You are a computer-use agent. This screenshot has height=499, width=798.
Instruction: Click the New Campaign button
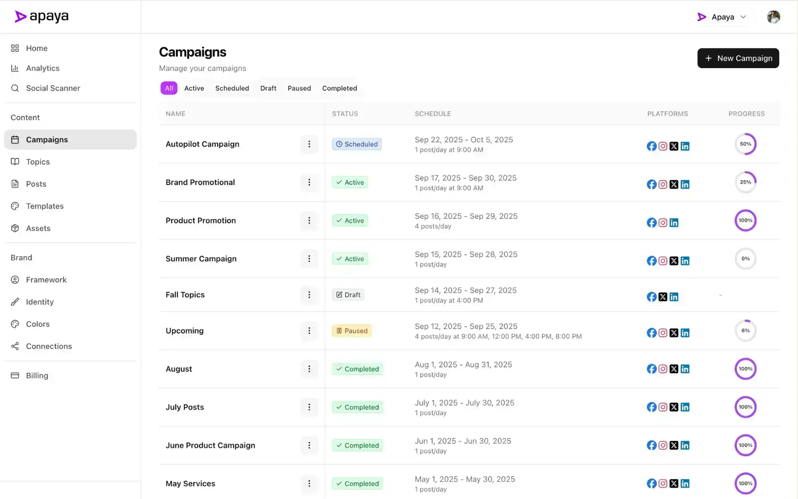(x=738, y=58)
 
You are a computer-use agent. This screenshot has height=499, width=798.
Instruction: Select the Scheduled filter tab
(x=232, y=88)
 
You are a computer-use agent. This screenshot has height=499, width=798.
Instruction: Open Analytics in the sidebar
(x=42, y=68)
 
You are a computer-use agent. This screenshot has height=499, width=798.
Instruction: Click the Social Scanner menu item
(x=53, y=88)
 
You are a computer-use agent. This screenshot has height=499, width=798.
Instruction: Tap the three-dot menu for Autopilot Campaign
(x=309, y=144)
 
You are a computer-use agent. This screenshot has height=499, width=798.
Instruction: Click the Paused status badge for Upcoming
(x=352, y=331)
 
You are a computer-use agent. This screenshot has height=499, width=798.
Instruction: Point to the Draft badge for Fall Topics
(x=348, y=295)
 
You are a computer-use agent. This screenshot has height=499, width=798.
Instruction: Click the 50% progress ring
(x=745, y=144)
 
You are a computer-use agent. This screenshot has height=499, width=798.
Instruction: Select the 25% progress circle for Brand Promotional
(x=745, y=182)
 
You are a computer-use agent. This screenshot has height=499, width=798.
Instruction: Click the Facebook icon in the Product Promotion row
(x=651, y=223)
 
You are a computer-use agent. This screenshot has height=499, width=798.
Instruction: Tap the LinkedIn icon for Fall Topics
(x=674, y=297)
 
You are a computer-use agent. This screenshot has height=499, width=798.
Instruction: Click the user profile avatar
(x=773, y=17)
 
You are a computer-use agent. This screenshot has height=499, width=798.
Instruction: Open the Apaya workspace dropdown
(x=722, y=17)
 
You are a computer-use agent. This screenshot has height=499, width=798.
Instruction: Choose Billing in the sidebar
(x=37, y=375)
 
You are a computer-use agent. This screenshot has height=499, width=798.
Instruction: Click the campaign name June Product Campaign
(x=210, y=445)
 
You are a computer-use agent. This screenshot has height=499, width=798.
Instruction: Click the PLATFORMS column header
(x=667, y=114)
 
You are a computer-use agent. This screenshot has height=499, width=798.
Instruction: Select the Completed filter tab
(x=339, y=88)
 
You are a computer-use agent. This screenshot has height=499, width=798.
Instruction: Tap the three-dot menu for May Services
(x=309, y=484)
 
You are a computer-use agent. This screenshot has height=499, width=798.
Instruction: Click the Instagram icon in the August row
(x=663, y=369)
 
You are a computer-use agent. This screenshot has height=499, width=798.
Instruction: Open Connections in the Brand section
(x=49, y=346)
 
